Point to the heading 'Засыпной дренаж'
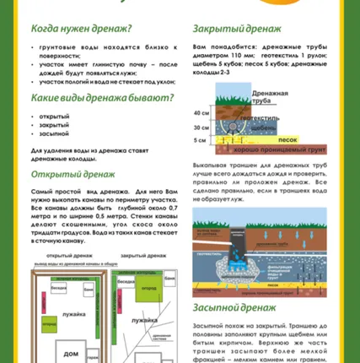coord(233,306)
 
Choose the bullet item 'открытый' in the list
coord(56,115)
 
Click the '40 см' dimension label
coord(201,112)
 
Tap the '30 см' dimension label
coord(201,127)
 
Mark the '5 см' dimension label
coord(200,140)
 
